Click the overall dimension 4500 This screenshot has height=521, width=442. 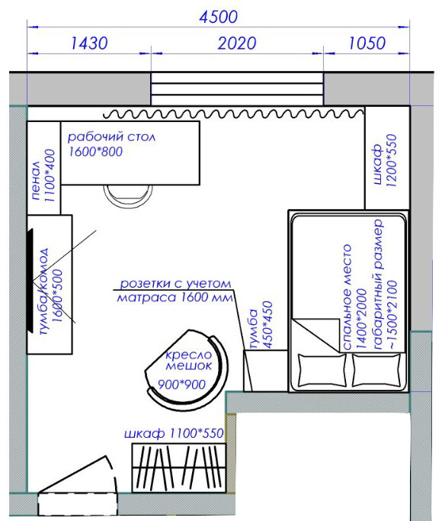219,17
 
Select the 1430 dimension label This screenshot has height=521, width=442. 89,43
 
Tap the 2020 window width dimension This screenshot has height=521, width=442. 236,43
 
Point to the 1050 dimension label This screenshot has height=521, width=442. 367,43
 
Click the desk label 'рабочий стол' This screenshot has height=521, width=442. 111,137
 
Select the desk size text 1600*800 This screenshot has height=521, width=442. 95,152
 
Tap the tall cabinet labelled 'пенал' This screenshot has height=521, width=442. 43,168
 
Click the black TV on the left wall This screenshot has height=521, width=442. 30,281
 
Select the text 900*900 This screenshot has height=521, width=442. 181,384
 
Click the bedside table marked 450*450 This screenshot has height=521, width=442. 265,371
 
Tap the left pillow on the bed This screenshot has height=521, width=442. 322,371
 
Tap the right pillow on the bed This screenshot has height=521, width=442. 376,371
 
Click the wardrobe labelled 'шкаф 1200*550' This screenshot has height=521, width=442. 387,158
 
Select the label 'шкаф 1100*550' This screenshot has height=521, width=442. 174,433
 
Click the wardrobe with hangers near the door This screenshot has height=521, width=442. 179,468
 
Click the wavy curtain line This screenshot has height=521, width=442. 233,114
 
